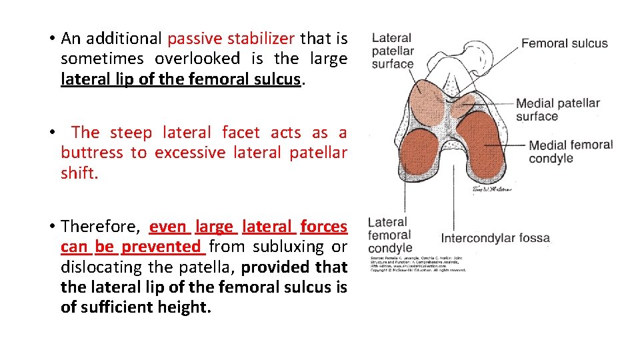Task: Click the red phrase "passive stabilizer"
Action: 231,39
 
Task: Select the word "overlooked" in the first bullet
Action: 197,59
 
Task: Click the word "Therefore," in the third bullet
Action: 101,227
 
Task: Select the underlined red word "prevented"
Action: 161,247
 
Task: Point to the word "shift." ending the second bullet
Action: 79,173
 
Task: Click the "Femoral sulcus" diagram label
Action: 564,43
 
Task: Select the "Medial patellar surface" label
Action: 557,109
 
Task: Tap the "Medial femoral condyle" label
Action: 570,151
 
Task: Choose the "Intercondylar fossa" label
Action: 495,238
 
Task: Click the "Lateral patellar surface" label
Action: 393,51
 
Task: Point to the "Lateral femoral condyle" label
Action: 390,235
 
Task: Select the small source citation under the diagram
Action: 417,263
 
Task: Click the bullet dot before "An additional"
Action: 51,39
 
